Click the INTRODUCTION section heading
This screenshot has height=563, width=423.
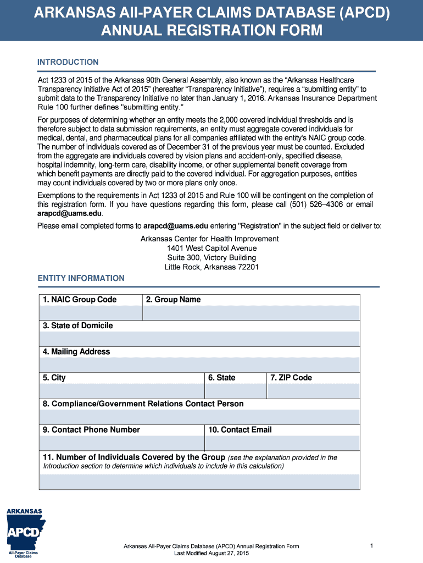tap(68, 62)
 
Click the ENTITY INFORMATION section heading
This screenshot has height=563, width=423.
tap(81, 278)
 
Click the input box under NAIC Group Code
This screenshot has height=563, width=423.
tap(91, 313)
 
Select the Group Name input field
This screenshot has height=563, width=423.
tap(251, 313)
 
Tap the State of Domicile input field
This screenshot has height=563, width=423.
tap(199, 339)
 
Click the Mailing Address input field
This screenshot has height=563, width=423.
tap(199, 365)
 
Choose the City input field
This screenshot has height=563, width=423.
tap(121, 391)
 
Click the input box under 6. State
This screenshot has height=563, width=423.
tap(235, 391)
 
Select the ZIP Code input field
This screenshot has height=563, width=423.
tap(313, 391)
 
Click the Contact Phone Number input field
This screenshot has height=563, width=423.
tap(121, 443)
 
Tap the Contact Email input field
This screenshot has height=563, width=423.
tap(282, 443)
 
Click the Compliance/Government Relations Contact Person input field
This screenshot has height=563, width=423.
tap(199, 417)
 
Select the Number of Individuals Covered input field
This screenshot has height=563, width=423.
tap(199, 482)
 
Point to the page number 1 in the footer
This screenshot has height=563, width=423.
tap(372, 545)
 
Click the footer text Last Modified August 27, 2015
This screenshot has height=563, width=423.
tap(211, 553)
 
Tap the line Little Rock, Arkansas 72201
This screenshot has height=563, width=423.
tap(211, 267)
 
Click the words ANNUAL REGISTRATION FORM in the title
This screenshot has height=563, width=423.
tap(211, 31)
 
